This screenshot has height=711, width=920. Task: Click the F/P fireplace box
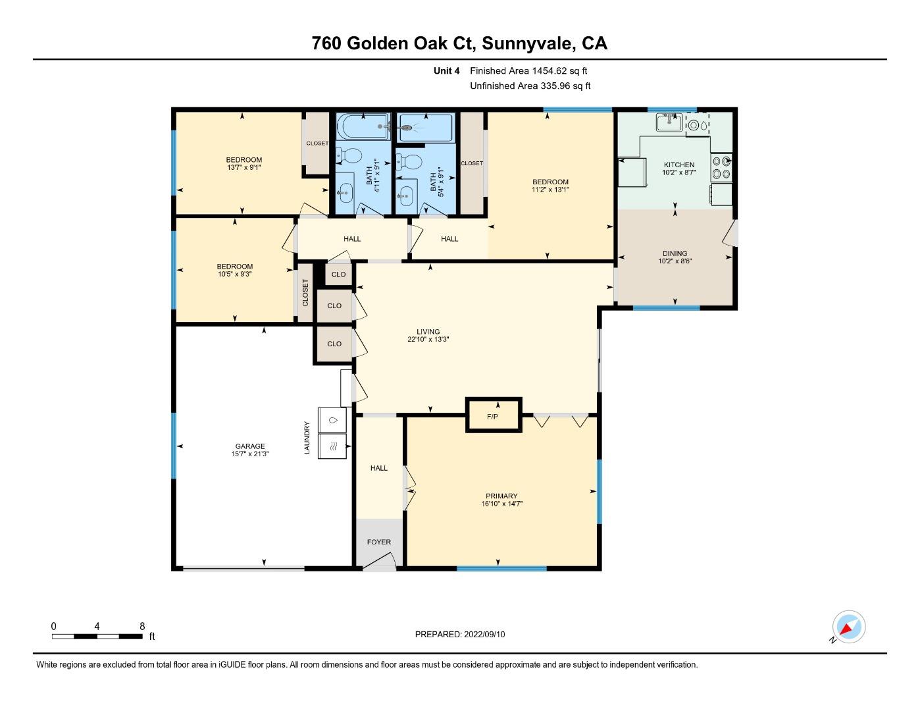point(493,415)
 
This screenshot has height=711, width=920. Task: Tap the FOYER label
point(378,542)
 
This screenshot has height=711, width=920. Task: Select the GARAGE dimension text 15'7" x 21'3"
point(250,454)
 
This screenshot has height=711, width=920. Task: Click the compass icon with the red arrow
point(848,627)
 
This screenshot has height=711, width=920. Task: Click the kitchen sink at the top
point(669,122)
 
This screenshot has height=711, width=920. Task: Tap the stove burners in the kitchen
point(721,167)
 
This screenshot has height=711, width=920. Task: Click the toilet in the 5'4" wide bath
point(411,161)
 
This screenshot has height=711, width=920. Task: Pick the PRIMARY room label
point(501,496)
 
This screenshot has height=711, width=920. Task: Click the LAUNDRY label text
point(307,437)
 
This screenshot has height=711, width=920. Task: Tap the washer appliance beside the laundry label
point(335,419)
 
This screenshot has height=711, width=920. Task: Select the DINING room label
point(675,253)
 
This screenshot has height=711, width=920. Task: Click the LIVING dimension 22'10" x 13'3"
point(428,340)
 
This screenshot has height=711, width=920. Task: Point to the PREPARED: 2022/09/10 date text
point(460,634)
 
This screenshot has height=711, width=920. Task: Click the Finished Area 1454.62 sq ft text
point(528,70)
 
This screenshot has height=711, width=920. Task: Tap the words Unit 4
point(446,70)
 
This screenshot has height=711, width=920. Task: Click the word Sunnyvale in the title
point(528,43)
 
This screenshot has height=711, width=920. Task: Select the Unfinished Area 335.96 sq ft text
point(530,86)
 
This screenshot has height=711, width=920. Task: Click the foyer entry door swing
point(379,561)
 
